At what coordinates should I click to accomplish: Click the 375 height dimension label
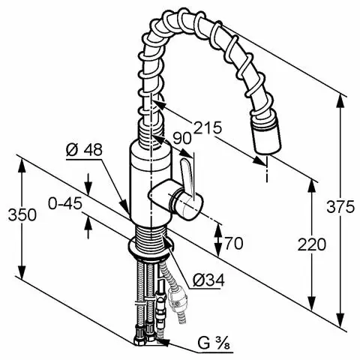(x=340, y=206)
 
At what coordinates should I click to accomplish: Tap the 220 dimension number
(x=312, y=244)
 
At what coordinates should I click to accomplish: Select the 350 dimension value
(x=22, y=214)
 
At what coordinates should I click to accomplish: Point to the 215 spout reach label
(x=208, y=127)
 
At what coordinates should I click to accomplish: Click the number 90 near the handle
(x=182, y=138)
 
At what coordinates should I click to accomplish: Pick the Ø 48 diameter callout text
(x=84, y=150)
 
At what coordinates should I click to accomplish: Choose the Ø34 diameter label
(x=208, y=280)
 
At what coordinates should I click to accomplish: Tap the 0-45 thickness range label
(x=65, y=203)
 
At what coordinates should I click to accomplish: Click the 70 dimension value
(x=234, y=243)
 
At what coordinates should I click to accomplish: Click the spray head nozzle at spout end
(x=268, y=136)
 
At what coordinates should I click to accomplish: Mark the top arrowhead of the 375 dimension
(x=340, y=100)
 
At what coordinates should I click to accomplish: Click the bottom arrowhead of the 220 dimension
(x=312, y=304)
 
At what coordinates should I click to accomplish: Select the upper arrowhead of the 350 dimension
(x=22, y=165)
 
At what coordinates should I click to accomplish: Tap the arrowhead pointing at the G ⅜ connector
(x=163, y=341)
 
